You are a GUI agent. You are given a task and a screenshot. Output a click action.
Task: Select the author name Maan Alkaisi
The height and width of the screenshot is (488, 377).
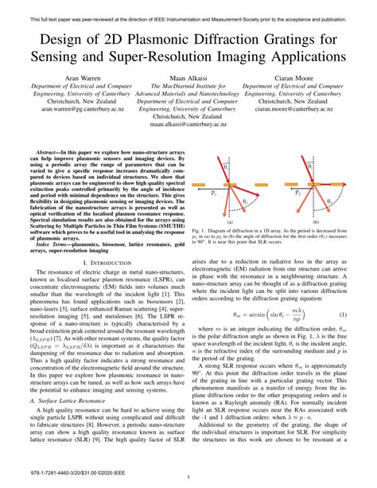(188, 80)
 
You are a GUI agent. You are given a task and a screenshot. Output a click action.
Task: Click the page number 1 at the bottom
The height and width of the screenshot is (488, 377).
(188, 477)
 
